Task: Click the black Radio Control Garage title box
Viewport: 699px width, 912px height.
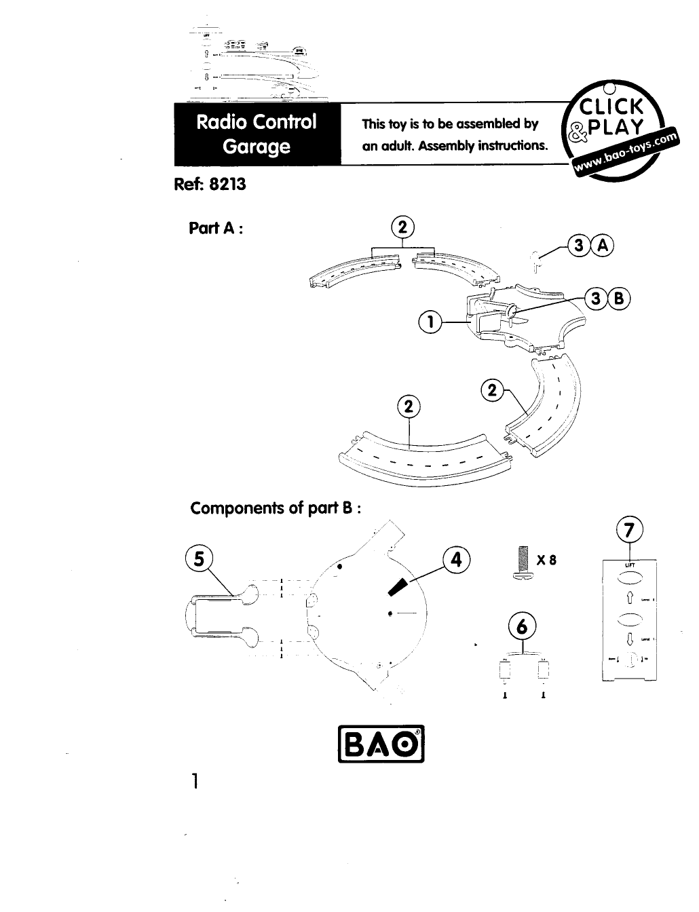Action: tap(257, 134)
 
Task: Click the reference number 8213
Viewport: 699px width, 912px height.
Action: tap(228, 184)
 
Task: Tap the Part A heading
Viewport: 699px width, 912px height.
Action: tap(216, 228)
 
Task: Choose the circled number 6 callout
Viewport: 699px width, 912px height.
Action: tap(521, 628)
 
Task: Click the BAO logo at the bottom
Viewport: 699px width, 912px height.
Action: tap(381, 746)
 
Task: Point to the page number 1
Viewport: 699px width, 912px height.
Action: tap(195, 782)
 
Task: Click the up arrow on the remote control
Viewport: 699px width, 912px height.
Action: tap(629, 597)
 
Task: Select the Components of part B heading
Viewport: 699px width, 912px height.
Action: tap(275, 508)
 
